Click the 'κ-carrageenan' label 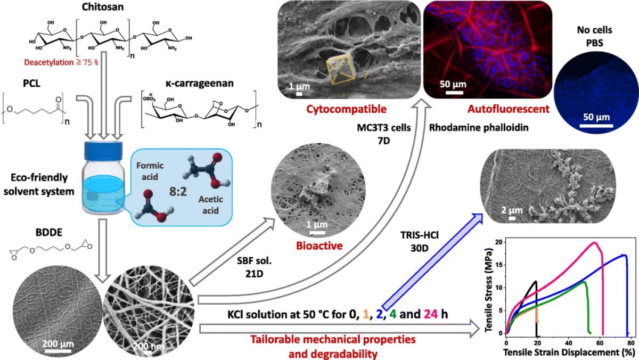[183, 85]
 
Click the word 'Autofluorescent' [501, 110]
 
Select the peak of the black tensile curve [536, 281]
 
